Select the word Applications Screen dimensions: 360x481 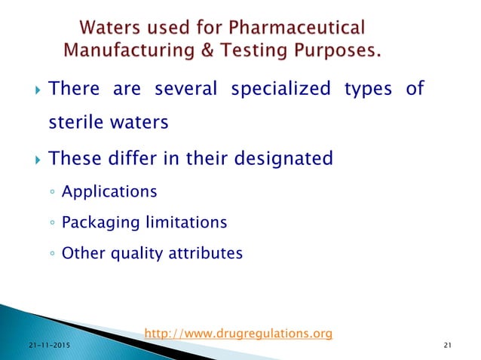point(109,192)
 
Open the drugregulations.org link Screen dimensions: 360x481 point(237,333)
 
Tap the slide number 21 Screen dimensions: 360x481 point(448,346)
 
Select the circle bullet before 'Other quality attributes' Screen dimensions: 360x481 point(49,254)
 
